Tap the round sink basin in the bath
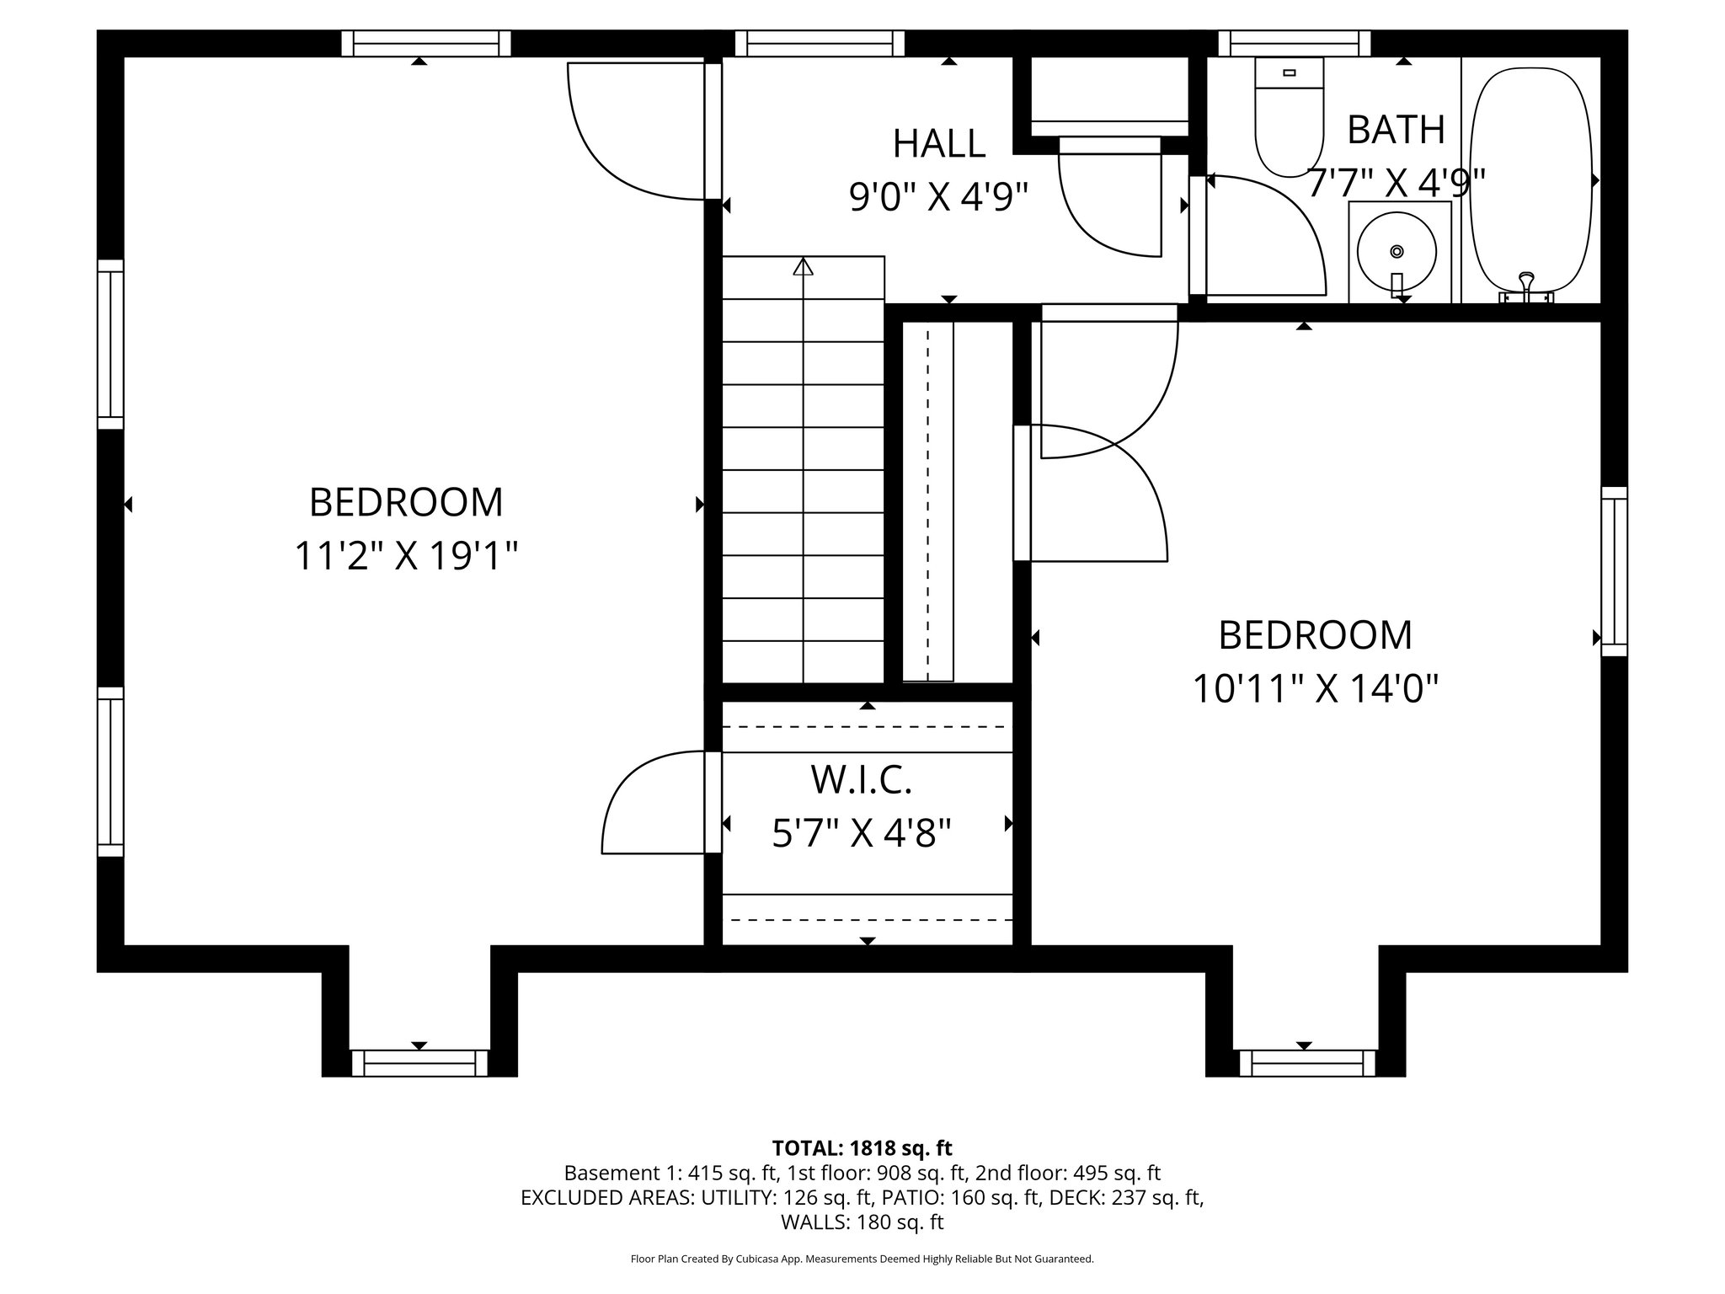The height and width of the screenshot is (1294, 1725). click(1397, 251)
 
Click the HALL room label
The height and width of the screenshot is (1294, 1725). click(938, 144)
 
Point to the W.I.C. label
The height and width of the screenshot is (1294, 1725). click(861, 780)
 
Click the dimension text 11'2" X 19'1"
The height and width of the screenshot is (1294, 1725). click(405, 557)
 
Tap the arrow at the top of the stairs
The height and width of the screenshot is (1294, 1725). click(803, 267)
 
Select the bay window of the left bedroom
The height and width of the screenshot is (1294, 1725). click(419, 1062)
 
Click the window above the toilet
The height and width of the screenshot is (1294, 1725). click(1294, 43)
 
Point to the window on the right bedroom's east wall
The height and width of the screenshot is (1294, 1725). click(1614, 570)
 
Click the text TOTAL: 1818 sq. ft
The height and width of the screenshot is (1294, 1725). click(862, 1147)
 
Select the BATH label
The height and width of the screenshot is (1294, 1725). click(1396, 130)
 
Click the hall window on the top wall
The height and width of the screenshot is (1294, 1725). click(820, 43)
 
